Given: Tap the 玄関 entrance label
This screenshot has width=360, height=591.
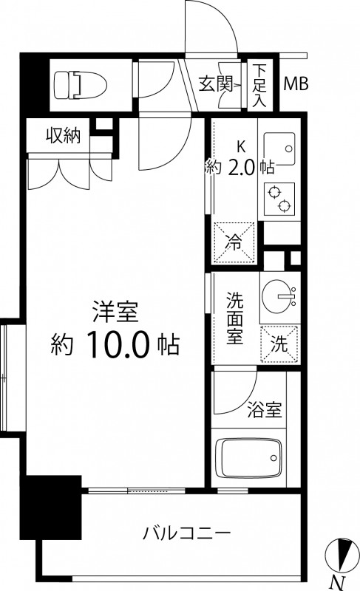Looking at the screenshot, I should pos(216,84).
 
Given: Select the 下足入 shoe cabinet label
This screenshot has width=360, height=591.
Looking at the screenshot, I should pos(259,85).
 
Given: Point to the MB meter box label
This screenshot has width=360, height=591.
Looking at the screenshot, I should pos(296,84).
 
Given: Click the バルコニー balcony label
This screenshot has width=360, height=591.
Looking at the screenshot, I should pos(187,533).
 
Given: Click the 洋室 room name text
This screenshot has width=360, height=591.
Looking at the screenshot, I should pos(116,312).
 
